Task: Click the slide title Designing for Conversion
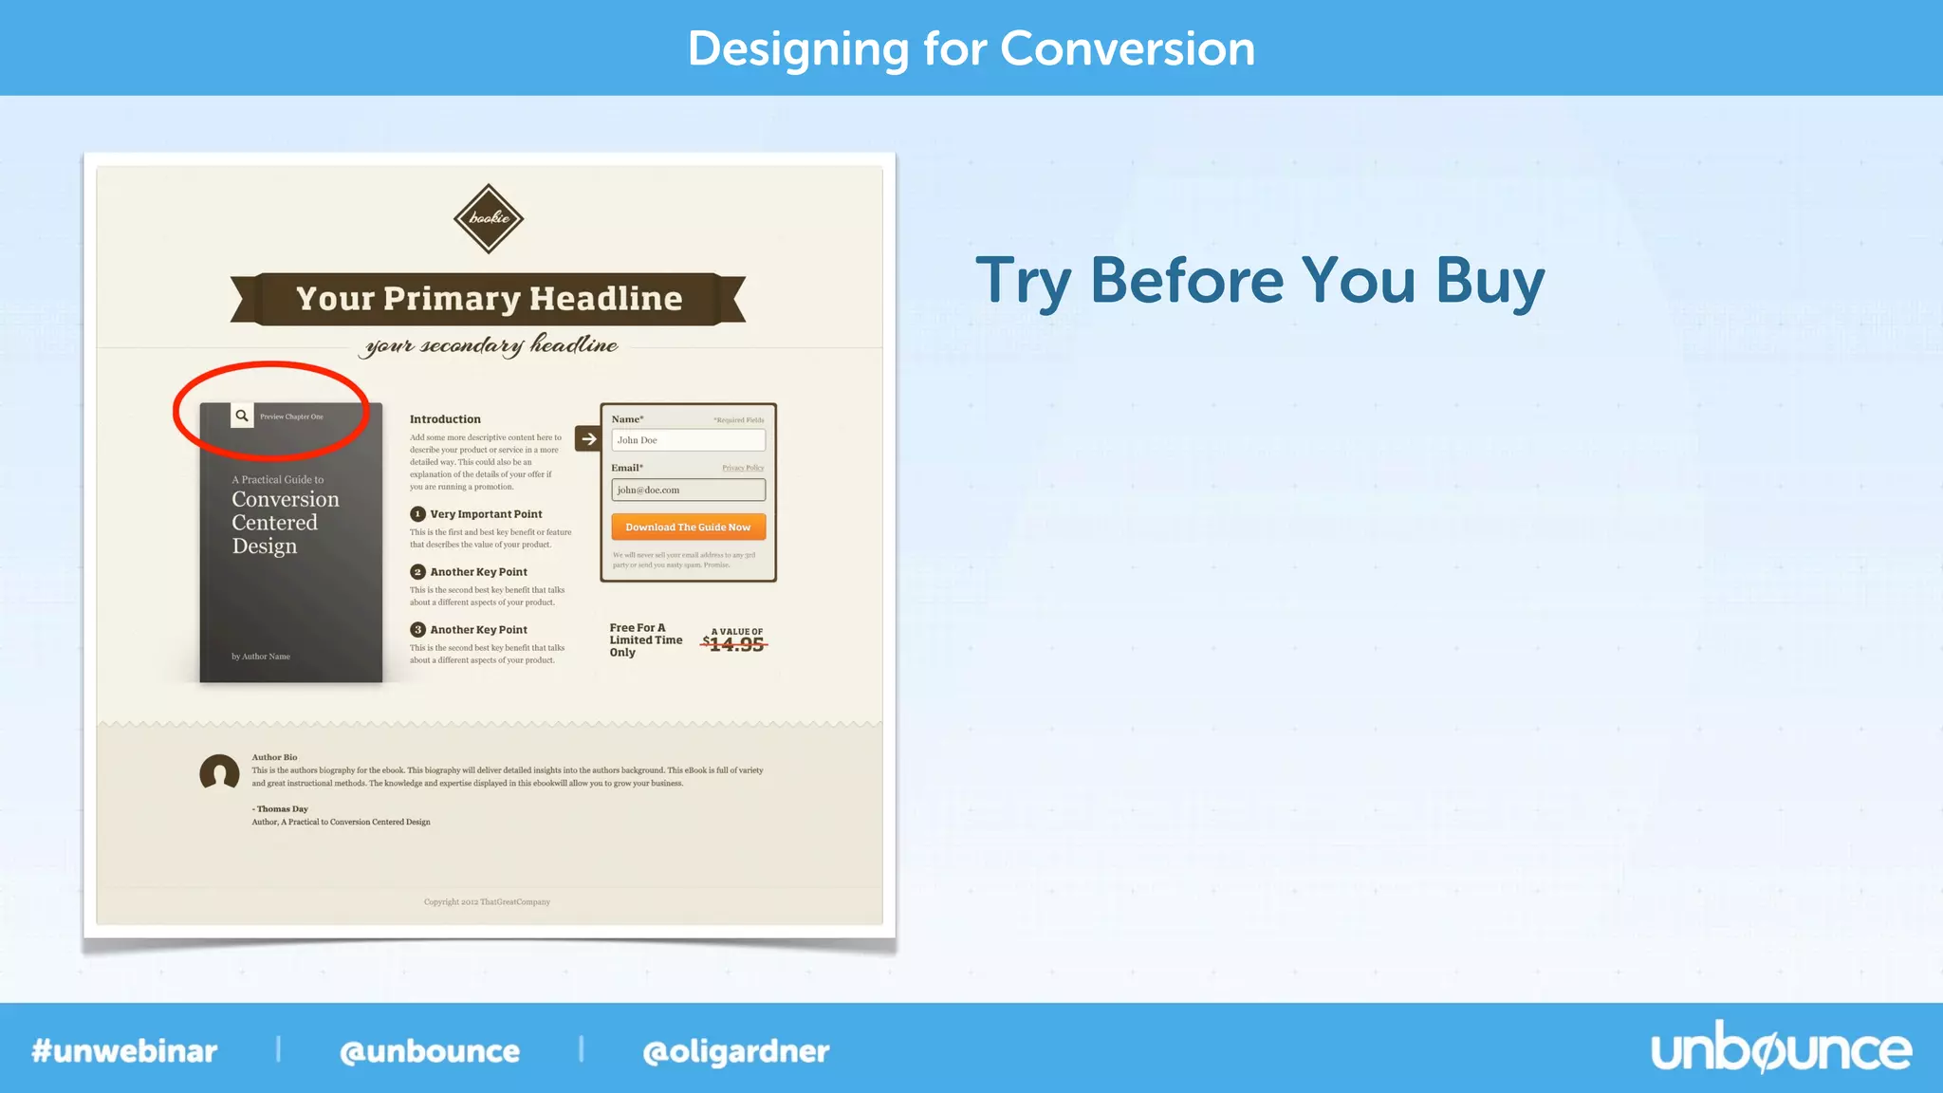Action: point(971,48)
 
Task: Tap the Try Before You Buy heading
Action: point(1260,281)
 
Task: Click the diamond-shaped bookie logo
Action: point(489,218)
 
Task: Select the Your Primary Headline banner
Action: point(489,299)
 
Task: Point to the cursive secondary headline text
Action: point(491,345)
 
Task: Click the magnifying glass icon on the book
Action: point(242,416)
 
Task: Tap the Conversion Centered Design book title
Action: point(284,522)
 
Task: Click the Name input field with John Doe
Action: point(688,440)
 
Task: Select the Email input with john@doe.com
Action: point(688,490)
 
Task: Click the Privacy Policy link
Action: point(742,468)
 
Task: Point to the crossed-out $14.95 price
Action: point(735,644)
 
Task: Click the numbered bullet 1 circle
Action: point(417,514)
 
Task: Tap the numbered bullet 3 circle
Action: point(417,630)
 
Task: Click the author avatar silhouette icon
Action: point(219,772)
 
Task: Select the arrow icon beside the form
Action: point(588,439)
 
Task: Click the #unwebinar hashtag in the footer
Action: point(124,1051)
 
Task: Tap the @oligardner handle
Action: point(735,1051)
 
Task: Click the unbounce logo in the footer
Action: point(1781,1049)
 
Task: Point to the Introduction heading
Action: point(445,419)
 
